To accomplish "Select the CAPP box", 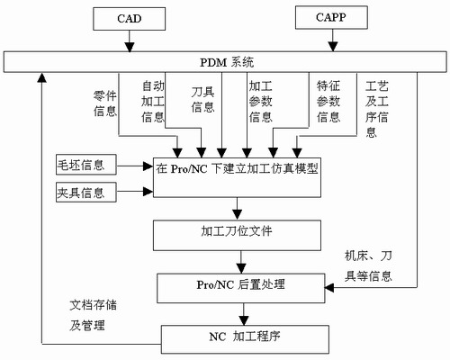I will coord(335,18).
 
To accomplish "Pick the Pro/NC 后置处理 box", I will coord(239,285).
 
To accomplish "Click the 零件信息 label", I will coord(105,104).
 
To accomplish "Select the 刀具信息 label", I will coord(204,99).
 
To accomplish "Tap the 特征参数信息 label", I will coord(328,100).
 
